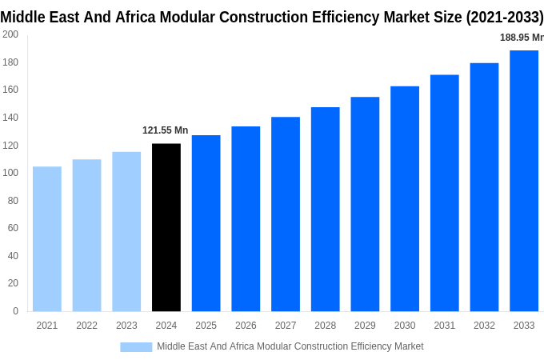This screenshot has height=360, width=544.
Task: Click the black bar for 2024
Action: coord(166,227)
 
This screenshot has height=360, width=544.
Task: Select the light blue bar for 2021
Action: coord(47,238)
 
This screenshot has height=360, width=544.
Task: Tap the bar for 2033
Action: coord(524,181)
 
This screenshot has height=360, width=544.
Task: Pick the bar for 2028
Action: coord(326,209)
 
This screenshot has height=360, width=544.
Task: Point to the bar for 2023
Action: coord(126,231)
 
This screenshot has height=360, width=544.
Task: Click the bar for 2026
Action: coord(246,218)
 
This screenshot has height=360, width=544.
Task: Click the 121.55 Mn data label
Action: coord(166,130)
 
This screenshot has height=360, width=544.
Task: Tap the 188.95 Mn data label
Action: coord(521,38)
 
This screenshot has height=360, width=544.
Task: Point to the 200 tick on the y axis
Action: coord(10,34)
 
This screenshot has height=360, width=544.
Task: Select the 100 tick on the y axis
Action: coord(10,173)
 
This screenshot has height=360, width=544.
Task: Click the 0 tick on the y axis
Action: coord(15,311)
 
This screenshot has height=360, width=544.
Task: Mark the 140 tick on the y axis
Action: coord(10,118)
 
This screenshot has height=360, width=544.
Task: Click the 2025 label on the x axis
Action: coord(206,326)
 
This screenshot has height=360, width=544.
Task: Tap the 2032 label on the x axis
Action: coord(484,326)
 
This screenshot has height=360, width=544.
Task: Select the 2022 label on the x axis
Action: coord(86,326)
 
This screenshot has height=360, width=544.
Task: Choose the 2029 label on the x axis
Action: coord(365,326)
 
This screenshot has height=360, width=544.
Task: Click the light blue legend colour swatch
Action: coord(136,346)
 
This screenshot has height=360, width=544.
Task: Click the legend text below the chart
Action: coord(290,346)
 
